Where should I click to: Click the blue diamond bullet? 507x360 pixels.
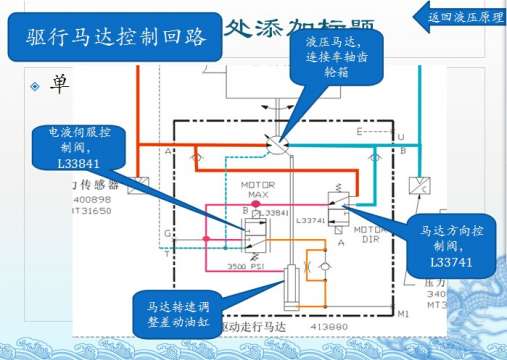(x=34, y=86)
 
